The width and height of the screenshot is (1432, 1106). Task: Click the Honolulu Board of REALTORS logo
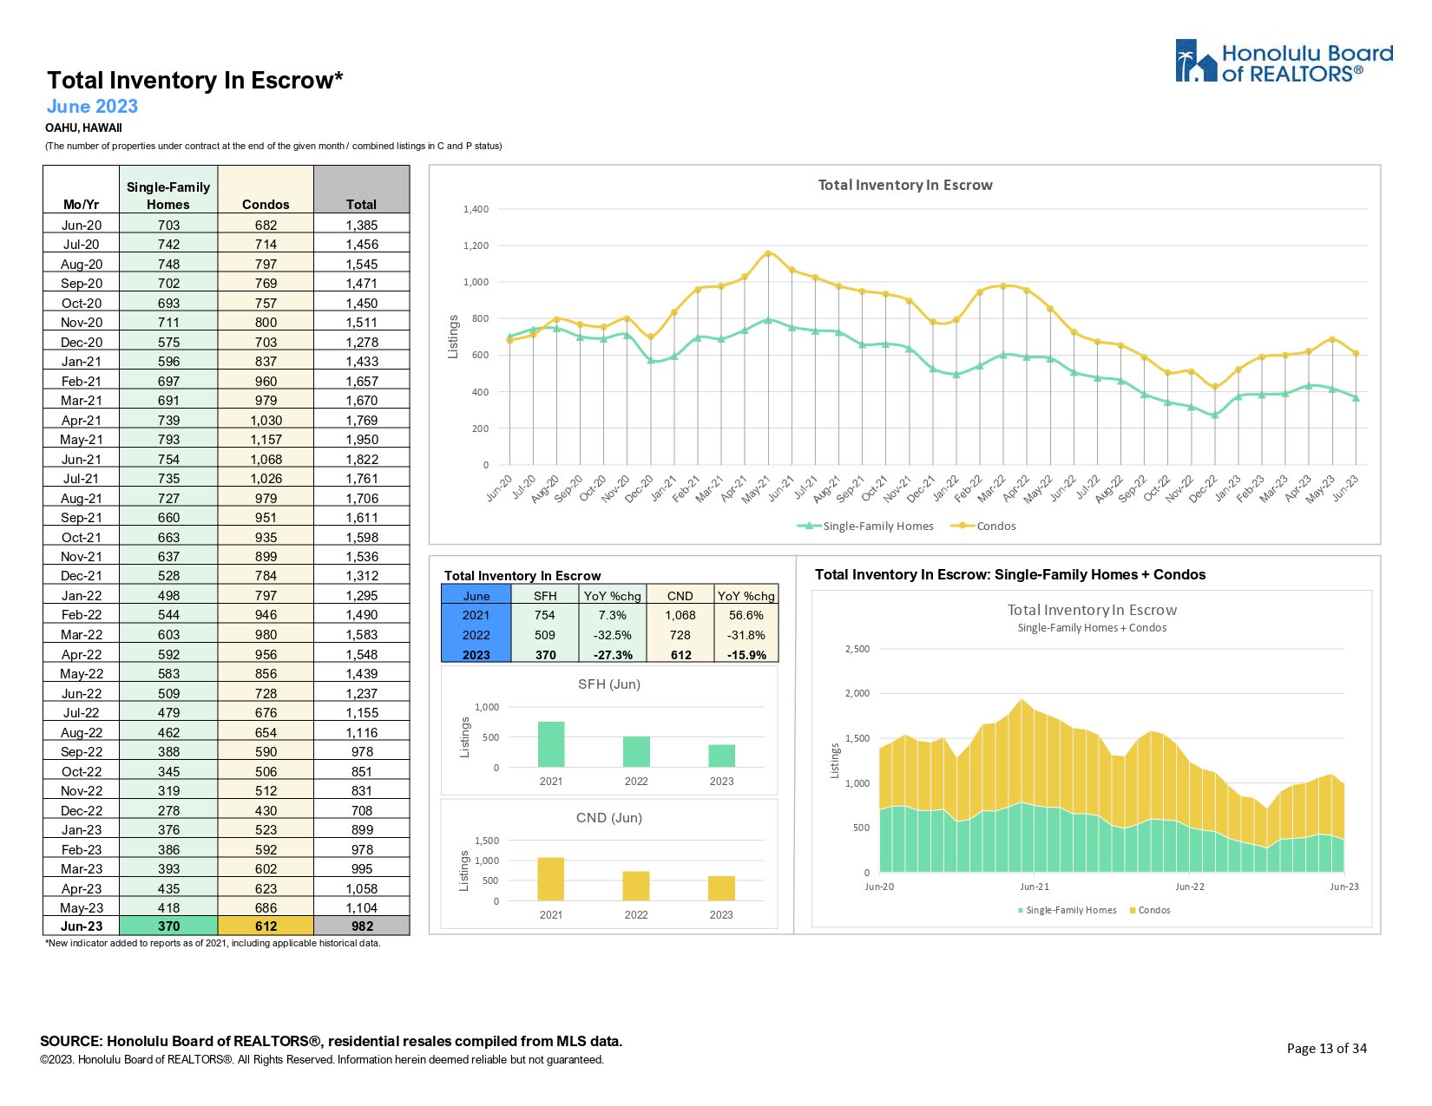coord(1284,62)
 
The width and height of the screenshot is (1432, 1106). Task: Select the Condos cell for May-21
coord(266,440)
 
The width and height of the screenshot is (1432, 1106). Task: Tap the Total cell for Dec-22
coord(361,810)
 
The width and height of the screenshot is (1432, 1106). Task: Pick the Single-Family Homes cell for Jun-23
coord(168,926)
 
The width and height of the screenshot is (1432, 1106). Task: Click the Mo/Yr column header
coord(81,205)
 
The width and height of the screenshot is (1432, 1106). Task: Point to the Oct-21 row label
coord(81,537)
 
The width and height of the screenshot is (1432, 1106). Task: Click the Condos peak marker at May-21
coord(768,253)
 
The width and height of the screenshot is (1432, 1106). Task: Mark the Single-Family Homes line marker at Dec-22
coord(1215,415)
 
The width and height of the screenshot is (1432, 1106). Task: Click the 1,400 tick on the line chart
coord(476,209)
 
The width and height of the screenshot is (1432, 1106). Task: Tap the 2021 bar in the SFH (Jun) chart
coord(551,744)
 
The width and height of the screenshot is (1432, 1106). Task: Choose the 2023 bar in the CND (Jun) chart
coord(721,888)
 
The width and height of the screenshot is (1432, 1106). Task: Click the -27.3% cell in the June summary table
coord(613,655)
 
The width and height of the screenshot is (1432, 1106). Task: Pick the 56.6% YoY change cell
coord(746,615)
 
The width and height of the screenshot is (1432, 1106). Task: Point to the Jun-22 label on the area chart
coord(1190,887)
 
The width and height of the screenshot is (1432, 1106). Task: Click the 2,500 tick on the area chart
coord(857,649)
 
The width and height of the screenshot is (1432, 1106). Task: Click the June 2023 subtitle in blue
coord(92,107)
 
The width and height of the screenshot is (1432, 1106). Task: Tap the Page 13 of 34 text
coord(1326,1048)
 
